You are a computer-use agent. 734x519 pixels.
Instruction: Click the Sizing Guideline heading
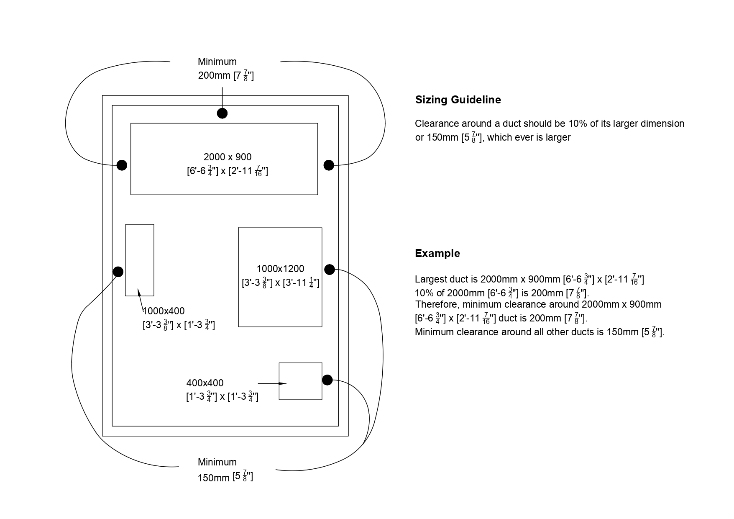tap(458, 100)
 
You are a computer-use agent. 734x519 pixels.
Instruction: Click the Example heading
tap(437, 253)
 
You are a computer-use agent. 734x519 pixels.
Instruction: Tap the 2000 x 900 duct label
tap(227, 157)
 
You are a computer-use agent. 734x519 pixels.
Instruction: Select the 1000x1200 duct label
tap(280, 269)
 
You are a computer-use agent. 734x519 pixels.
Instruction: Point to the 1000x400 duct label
tap(164, 311)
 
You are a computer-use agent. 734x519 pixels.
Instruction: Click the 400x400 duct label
tap(205, 383)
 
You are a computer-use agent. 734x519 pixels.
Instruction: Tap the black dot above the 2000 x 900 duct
tap(222, 113)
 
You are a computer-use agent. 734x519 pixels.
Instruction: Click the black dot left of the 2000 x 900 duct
tap(122, 165)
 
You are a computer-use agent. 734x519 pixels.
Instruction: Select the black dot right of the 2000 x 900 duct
tap(329, 165)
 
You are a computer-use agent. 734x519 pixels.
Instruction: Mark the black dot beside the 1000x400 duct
tap(118, 272)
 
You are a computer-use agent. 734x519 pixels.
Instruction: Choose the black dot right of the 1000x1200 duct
tap(330, 270)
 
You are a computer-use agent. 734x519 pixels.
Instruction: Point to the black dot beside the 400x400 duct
tap(327, 380)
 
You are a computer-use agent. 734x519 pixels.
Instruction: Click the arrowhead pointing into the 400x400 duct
tap(283, 383)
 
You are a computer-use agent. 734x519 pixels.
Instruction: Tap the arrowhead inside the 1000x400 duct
tap(139, 292)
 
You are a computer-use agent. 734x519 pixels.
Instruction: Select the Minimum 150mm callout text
tap(225, 470)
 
